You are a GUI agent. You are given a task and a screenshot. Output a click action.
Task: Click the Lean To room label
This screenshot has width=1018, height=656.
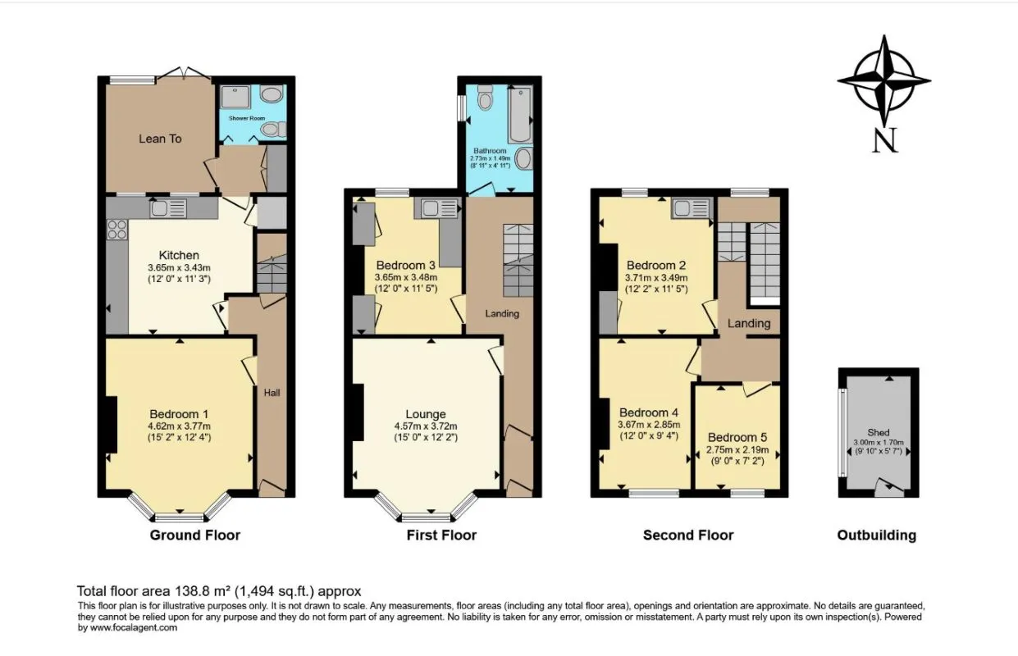[x=160, y=139]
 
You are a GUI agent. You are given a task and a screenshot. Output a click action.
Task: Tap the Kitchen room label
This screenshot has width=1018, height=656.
[x=179, y=255]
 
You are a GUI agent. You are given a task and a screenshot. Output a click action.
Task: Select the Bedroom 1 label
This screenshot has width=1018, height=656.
[x=179, y=413]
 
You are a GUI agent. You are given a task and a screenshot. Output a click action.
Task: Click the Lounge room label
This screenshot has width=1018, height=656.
[x=425, y=414]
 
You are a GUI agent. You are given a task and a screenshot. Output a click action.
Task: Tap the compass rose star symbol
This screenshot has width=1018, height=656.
[x=883, y=80]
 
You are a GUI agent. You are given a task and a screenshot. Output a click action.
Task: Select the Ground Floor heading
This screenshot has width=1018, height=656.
[x=194, y=535]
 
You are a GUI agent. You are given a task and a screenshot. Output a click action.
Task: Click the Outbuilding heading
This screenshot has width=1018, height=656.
[x=876, y=535]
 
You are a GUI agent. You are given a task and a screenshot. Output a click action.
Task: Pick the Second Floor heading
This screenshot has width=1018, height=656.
[x=688, y=535]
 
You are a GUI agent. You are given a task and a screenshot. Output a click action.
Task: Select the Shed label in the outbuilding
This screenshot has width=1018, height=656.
[x=878, y=432]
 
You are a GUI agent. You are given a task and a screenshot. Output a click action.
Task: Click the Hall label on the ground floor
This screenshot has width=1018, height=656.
[x=272, y=393]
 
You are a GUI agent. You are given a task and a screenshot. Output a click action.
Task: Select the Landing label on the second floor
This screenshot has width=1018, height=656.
[x=749, y=323]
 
